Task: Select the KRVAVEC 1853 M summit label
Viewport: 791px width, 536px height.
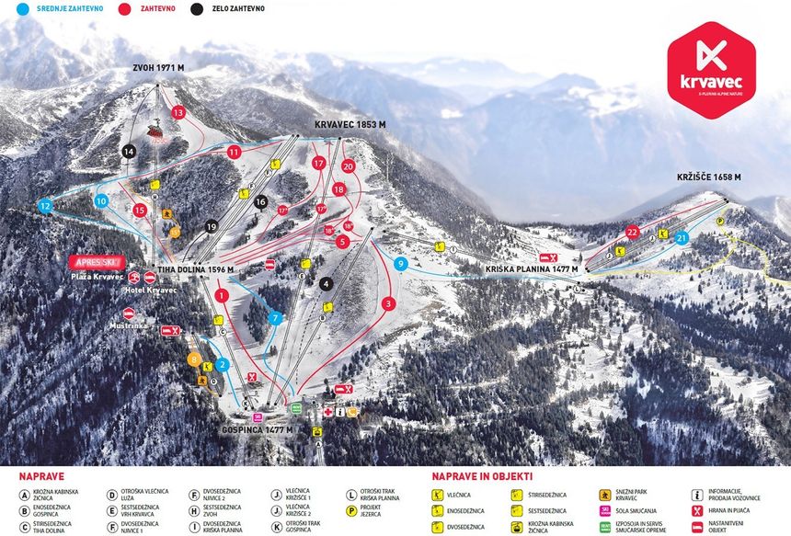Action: pyautogui.click(x=350, y=124)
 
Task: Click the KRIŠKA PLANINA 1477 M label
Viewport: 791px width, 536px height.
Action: pyautogui.click(x=532, y=269)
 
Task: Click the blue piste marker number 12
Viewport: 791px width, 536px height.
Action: pyautogui.click(x=45, y=207)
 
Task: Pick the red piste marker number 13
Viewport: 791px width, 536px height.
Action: pyautogui.click(x=178, y=112)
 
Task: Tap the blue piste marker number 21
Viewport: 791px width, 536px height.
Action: pyautogui.click(x=682, y=237)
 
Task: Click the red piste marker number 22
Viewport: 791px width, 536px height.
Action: pyautogui.click(x=632, y=232)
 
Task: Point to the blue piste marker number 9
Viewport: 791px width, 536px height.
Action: pyautogui.click(x=400, y=264)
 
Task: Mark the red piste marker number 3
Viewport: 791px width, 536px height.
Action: pyautogui.click(x=389, y=303)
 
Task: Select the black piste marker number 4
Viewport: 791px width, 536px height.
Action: pyautogui.click(x=326, y=284)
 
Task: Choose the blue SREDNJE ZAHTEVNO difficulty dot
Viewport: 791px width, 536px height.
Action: pyautogui.click(x=9, y=8)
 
